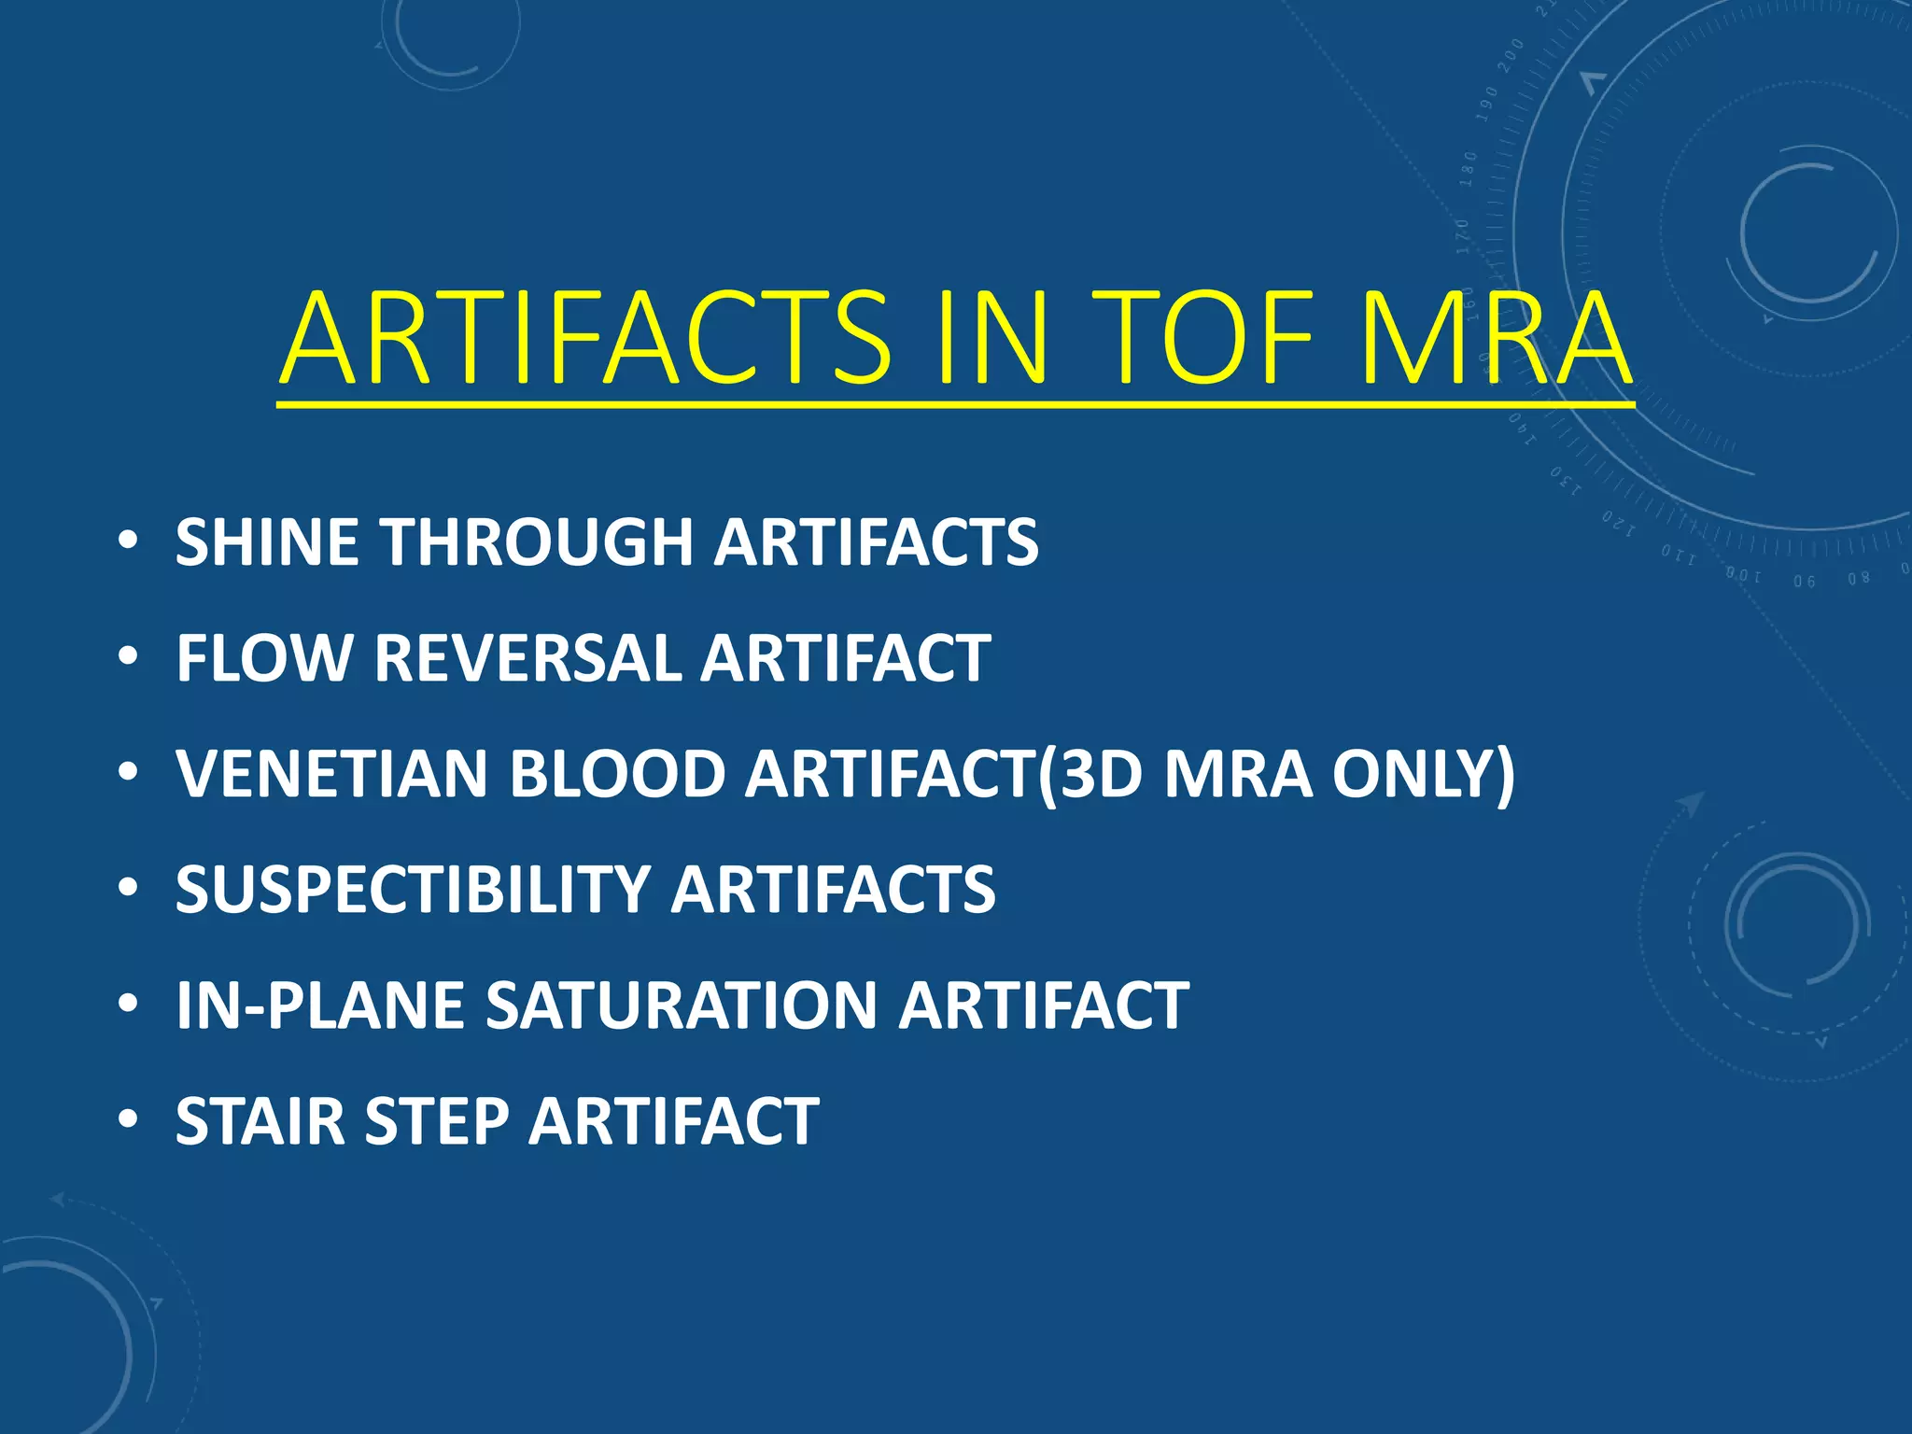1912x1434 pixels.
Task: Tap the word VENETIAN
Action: click(331, 774)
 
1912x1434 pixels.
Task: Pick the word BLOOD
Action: click(617, 774)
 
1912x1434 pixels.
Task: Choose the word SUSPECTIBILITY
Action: click(412, 890)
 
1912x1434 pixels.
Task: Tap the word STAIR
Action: click(260, 1121)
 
